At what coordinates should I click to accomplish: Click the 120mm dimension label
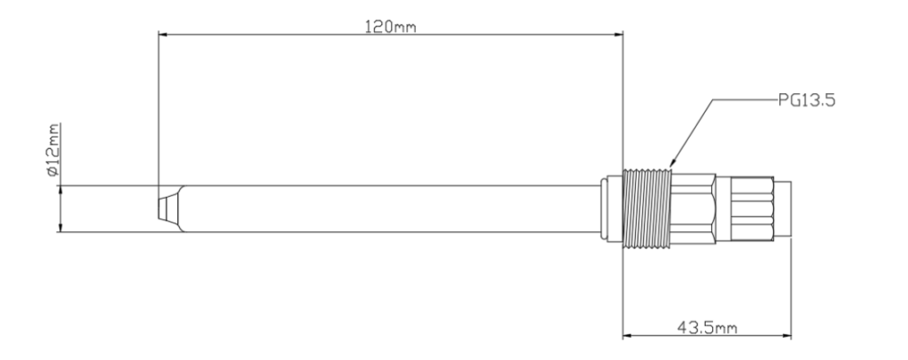click(x=390, y=27)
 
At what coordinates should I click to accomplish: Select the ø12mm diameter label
click(x=53, y=149)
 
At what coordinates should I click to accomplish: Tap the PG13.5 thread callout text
click(x=807, y=100)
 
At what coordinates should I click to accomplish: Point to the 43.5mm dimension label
click(x=707, y=328)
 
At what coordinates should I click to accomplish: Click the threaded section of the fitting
click(x=646, y=209)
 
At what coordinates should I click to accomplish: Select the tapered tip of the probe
click(x=170, y=209)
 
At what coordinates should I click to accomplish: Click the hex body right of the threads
click(x=693, y=209)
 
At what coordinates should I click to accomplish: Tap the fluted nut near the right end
click(x=752, y=209)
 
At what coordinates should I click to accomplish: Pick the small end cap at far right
click(x=782, y=209)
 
